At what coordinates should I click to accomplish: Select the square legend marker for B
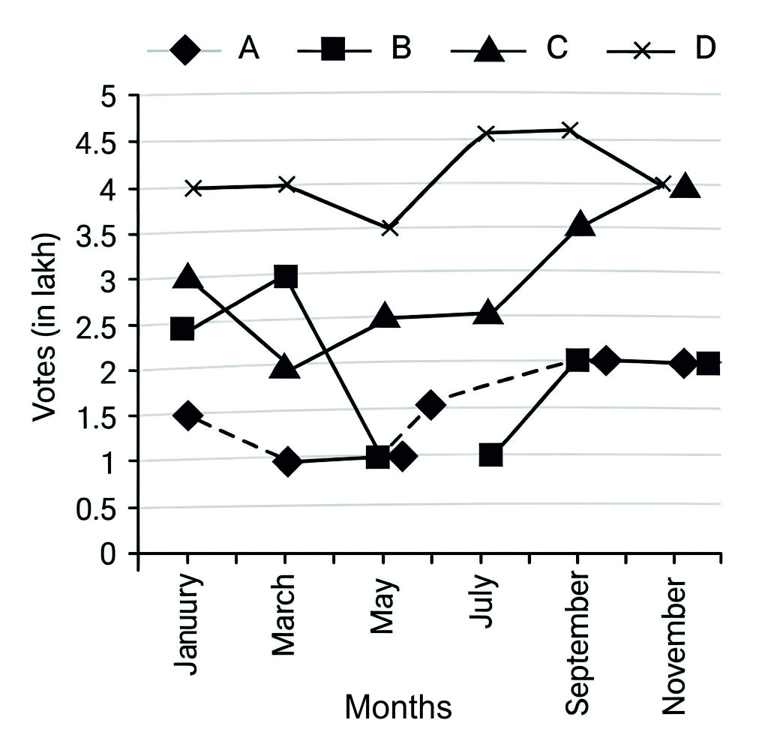(334, 50)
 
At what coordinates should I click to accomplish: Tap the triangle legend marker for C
(487, 50)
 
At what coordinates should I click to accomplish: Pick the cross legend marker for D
(641, 50)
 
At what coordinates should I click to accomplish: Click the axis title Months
(398, 706)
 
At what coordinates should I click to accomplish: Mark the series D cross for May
(389, 227)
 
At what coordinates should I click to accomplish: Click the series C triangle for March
(285, 367)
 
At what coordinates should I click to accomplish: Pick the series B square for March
(285, 277)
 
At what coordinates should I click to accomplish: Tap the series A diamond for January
(188, 415)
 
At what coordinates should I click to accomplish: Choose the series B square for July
(490, 454)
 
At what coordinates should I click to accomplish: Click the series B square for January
(182, 329)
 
